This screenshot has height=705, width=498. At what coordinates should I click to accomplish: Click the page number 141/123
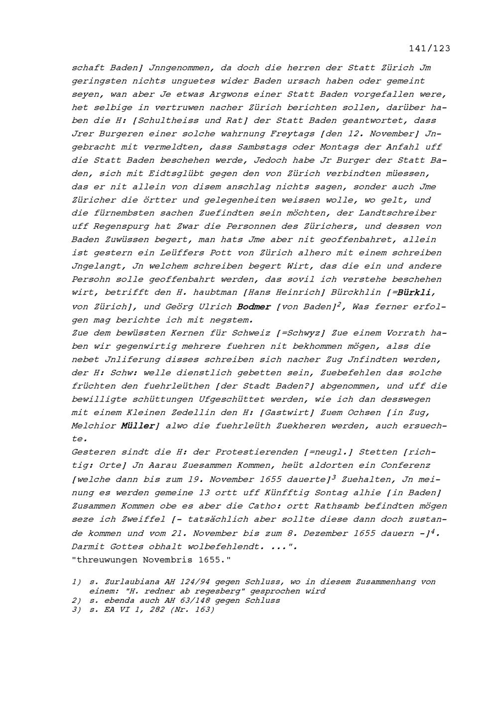point(429,48)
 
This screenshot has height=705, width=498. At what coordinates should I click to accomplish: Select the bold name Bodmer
point(254,306)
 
